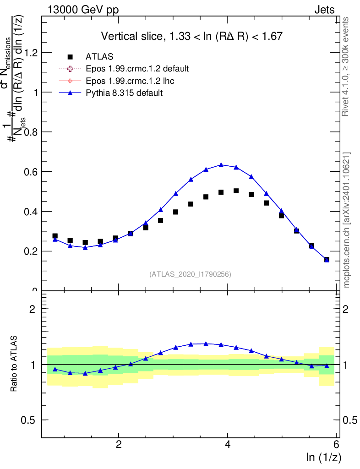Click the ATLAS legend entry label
(99, 57)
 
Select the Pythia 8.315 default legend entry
(124, 93)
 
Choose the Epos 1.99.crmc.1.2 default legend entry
(137, 69)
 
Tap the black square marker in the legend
(70, 57)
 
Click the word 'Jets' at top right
(324, 10)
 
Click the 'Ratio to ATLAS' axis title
(14, 364)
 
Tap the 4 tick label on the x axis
(228, 445)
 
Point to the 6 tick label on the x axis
(336, 445)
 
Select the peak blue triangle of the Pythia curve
(221, 164)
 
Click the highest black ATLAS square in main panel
(236, 191)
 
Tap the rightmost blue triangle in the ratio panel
(327, 365)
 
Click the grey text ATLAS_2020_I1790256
(190, 274)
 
